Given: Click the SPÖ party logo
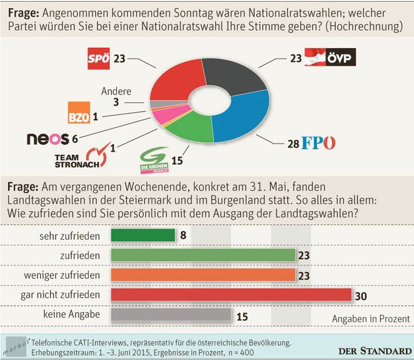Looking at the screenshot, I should (x=99, y=59).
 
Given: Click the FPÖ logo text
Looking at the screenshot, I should (x=319, y=144).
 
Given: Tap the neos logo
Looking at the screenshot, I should (x=47, y=139).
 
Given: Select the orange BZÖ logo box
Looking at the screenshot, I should (x=78, y=114).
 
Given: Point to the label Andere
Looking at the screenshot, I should (x=116, y=92).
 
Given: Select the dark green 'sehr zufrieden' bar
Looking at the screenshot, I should (x=143, y=236).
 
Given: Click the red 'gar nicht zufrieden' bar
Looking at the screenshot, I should (x=231, y=295).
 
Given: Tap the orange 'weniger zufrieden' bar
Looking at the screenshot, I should (x=203, y=275).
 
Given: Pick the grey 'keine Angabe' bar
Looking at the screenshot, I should (x=171, y=315).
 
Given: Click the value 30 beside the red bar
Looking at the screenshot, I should (x=361, y=296).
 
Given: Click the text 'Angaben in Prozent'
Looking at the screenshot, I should (x=370, y=319).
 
